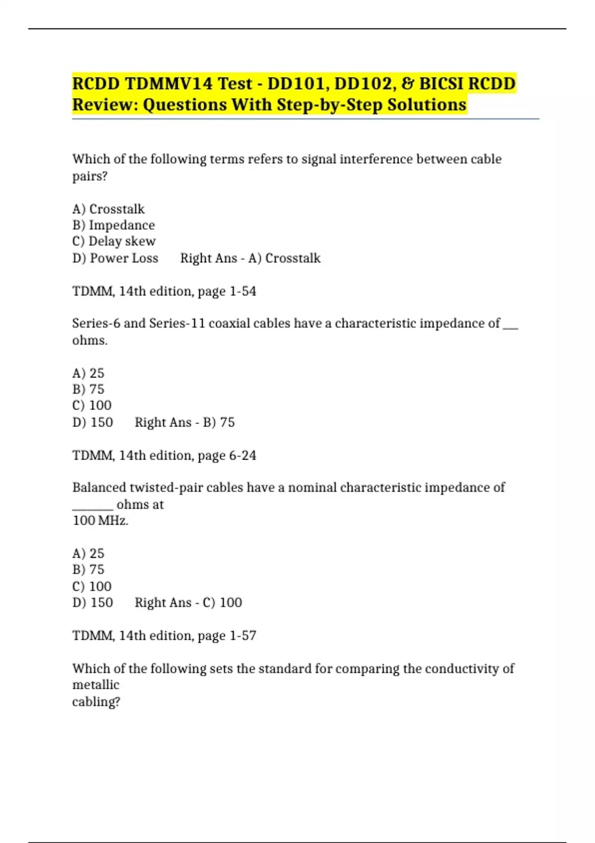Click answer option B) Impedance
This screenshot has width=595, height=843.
click(114, 225)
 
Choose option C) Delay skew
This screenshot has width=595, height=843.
click(114, 241)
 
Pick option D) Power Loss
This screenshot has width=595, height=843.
click(115, 258)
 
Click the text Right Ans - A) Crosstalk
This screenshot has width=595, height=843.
click(250, 258)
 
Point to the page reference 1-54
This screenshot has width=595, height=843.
click(243, 291)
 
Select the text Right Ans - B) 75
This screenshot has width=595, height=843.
click(184, 422)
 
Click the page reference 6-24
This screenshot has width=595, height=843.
click(243, 455)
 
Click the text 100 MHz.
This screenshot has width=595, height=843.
click(101, 521)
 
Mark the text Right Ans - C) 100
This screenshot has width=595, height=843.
click(188, 602)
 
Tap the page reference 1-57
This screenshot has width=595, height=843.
click(243, 636)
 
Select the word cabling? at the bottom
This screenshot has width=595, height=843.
click(96, 702)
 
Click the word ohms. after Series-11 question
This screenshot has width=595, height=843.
click(90, 341)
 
